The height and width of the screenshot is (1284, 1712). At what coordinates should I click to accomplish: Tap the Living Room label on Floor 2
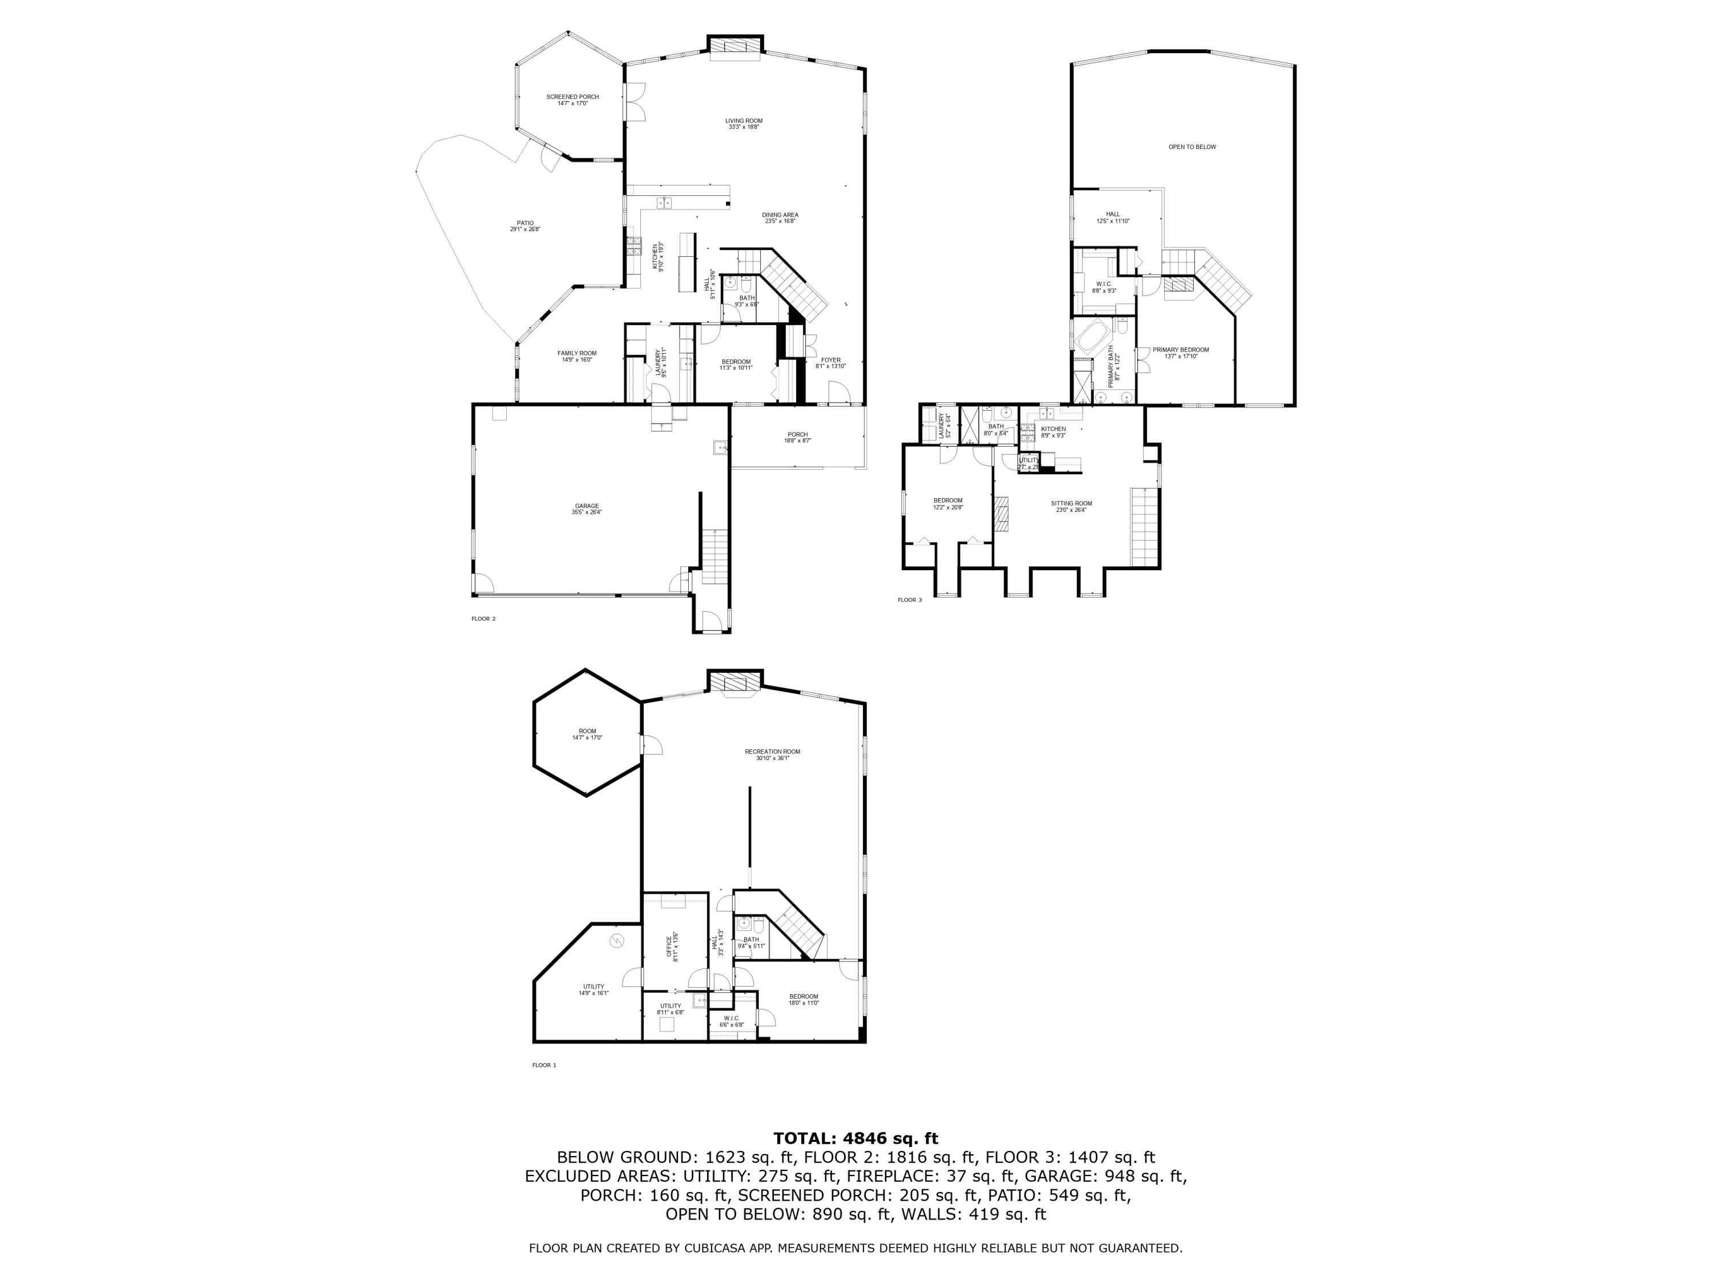click(744, 123)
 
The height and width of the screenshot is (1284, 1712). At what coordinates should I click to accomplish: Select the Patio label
click(525, 226)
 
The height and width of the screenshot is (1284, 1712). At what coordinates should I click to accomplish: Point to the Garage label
click(587, 508)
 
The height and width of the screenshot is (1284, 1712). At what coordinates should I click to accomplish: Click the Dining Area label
click(780, 217)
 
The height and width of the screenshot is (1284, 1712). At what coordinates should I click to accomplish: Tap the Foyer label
click(830, 362)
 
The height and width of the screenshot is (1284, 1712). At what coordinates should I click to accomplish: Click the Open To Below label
click(1192, 147)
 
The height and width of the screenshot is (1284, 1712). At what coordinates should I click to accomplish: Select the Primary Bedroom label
click(1180, 353)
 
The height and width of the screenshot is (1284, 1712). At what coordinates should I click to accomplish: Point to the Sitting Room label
click(1071, 506)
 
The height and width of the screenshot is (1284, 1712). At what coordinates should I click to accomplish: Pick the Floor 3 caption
click(910, 600)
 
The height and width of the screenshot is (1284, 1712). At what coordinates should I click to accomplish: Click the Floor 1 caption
click(544, 1065)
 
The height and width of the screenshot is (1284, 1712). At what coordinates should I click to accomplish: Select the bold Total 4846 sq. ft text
click(855, 1138)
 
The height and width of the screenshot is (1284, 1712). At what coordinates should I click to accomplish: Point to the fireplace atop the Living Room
click(735, 47)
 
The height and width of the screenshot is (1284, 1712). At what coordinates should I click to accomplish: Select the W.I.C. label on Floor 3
click(1104, 287)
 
